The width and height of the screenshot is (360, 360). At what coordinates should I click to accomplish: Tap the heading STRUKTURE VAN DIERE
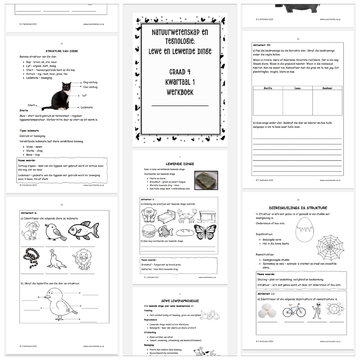pyautogui.click(x=61, y=51)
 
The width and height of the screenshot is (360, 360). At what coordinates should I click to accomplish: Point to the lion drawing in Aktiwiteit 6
pyautogui.click(x=83, y=259)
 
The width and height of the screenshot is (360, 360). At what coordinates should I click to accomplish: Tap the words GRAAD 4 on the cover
pyautogui.click(x=180, y=72)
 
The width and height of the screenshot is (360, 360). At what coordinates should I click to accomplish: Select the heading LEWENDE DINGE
pyautogui.click(x=180, y=164)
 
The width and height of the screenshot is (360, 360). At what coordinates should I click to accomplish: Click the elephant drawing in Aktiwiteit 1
pyautogui.click(x=149, y=215)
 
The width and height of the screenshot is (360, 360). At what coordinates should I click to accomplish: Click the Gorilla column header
pyautogui.click(x=268, y=88)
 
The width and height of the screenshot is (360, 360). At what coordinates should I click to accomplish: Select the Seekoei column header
pyautogui.click(x=327, y=88)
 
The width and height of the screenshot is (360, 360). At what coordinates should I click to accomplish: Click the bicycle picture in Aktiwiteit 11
pyautogui.click(x=294, y=310)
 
